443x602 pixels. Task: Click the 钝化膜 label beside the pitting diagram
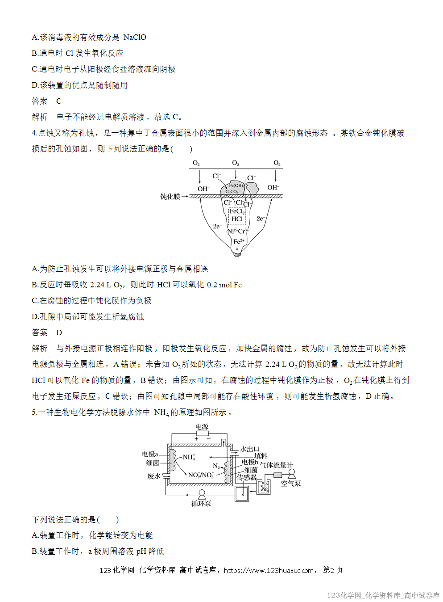pos(170,197)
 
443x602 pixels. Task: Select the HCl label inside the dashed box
pos(237,219)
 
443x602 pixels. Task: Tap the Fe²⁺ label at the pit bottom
pos(239,241)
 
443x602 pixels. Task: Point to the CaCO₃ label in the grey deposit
pos(231,192)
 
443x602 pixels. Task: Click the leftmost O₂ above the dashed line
pos(196,163)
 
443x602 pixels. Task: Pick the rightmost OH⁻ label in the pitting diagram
pos(273,188)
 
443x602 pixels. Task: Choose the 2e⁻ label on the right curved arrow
pos(261,219)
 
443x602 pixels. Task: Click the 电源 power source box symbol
pos(202,434)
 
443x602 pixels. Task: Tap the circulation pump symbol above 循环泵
pos(202,494)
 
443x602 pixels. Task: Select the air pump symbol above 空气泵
pos(291,473)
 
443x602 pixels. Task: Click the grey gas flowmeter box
pos(277,475)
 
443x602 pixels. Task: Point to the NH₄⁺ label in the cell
pos(189,457)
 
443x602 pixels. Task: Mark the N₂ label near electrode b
pos(216,466)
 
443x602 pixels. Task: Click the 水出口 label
pos(249,449)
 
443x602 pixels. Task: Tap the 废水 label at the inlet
pos(154,476)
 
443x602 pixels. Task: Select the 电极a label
pos(150,454)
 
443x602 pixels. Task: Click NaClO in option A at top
pos(135,37)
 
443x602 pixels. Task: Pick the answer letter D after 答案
pos(59,333)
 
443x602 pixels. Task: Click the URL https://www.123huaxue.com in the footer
pos(269,570)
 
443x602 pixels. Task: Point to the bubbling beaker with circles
pos(264,487)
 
